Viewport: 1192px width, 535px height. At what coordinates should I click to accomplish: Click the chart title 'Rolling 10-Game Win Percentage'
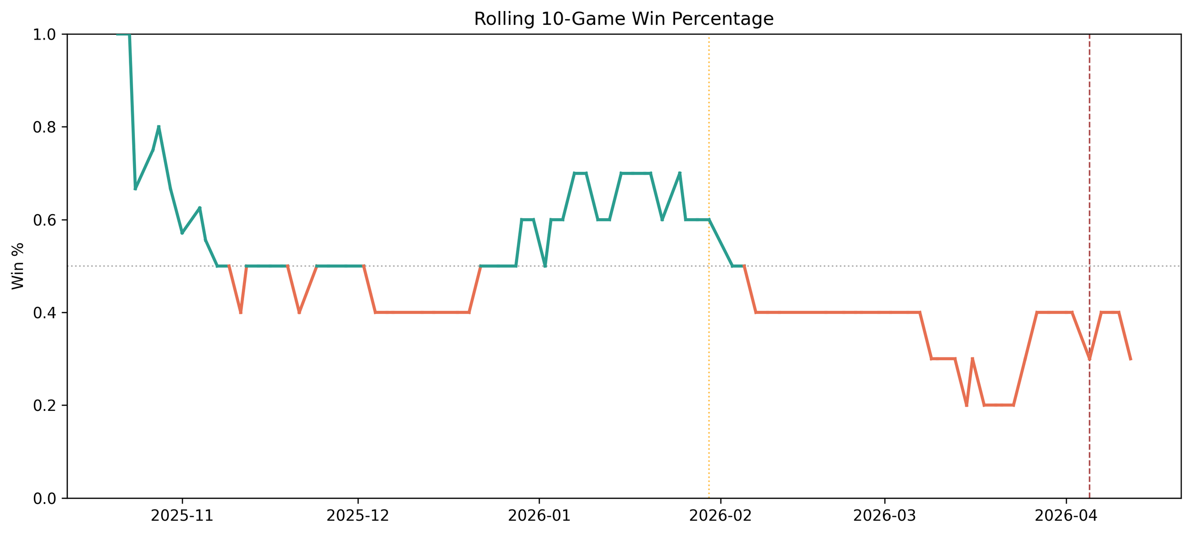coord(624,19)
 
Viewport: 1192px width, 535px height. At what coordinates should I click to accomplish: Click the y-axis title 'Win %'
coord(18,266)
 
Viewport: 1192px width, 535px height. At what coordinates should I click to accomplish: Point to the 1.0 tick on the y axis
coord(44,34)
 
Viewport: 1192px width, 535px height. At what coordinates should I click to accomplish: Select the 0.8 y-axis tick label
coord(44,127)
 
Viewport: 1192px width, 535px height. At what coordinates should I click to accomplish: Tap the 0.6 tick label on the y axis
coord(44,220)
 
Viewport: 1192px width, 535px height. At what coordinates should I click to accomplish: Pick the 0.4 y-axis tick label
coord(44,313)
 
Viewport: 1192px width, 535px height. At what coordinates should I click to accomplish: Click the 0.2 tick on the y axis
coord(44,406)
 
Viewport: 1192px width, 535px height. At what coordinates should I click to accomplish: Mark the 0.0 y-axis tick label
coord(44,499)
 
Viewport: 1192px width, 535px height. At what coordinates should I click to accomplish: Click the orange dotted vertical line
coord(709,266)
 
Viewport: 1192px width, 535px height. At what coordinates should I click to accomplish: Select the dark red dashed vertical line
coord(1089,266)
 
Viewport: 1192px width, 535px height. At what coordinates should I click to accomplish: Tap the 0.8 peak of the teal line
coord(159,127)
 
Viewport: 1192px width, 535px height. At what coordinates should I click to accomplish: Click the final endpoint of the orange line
coord(1130,359)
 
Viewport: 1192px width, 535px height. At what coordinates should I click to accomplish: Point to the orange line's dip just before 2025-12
coord(299,313)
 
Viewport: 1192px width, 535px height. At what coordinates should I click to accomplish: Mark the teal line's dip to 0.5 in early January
coord(545,266)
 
